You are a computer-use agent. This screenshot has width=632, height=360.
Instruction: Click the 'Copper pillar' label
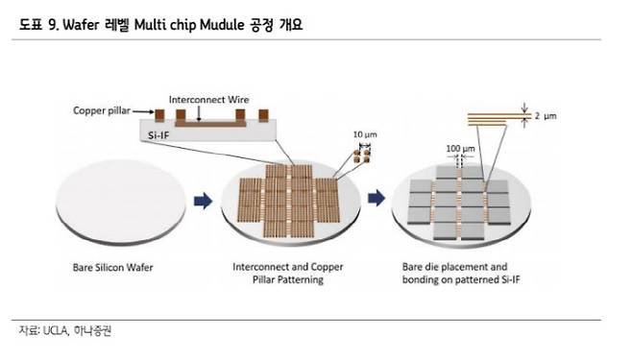pyautogui.click(x=102, y=110)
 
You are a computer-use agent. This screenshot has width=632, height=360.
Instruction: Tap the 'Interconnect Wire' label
pyautogui.click(x=208, y=100)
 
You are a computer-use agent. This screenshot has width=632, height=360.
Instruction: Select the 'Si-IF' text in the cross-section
pyautogui.click(x=158, y=135)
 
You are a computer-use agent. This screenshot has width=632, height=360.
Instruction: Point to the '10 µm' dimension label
pyautogui.click(x=365, y=134)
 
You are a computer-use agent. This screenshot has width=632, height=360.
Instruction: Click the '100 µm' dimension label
pyautogui.click(x=460, y=149)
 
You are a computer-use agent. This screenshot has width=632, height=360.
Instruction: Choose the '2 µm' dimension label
pyautogui.click(x=546, y=116)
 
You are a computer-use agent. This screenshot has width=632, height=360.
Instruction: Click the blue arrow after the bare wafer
pyautogui.click(x=204, y=201)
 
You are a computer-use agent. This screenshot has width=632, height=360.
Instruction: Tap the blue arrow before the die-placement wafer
pyautogui.click(x=377, y=198)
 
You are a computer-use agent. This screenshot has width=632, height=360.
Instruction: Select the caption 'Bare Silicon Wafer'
pyautogui.click(x=113, y=268)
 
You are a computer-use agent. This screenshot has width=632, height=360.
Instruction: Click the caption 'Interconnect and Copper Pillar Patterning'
pyautogui.click(x=288, y=273)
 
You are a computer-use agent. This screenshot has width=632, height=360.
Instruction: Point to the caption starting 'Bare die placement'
pyautogui.click(x=461, y=273)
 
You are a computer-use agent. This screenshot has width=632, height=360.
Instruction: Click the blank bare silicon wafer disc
pyautogui.click(x=120, y=202)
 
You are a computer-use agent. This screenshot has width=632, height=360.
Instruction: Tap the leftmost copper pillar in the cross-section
pyautogui.click(x=159, y=115)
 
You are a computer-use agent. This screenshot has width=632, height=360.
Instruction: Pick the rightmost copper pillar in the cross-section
pyautogui.click(x=263, y=115)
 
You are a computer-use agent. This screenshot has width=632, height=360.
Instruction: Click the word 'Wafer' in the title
pyautogui.click(x=81, y=25)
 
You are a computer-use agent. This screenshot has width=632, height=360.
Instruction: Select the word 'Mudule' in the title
pyautogui.click(x=222, y=25)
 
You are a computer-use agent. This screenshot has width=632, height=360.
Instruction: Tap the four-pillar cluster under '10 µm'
pyautogui.click(x=361, y=156)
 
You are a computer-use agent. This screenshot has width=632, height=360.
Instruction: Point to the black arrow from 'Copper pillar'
pyautogui.click(x=143, y=111)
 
